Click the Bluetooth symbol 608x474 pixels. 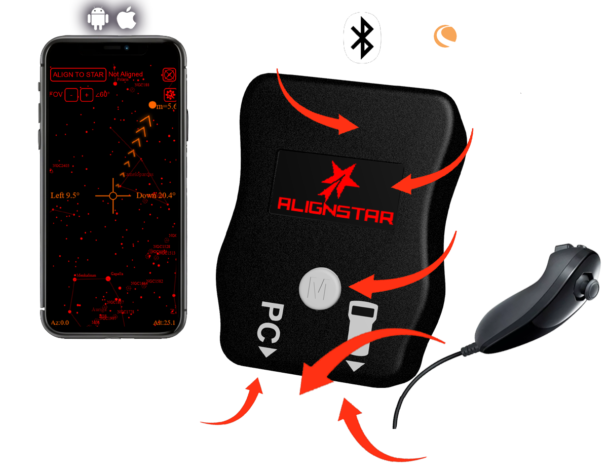pos(362,37)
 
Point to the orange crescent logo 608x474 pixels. pos(445,36)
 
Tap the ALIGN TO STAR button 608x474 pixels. pos(78,74)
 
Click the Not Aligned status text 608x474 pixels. pos(126,74)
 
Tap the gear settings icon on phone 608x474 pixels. pos(170,95)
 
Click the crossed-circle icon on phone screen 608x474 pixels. pos(170,74)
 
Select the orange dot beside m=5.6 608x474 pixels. pos(153,105)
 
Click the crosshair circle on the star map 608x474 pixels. pos(113,195)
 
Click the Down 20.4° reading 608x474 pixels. pos(156,195)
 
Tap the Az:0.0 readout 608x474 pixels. pos(60,323)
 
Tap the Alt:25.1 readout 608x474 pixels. pos(164,323)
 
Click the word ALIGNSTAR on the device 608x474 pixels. pos(335,216)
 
